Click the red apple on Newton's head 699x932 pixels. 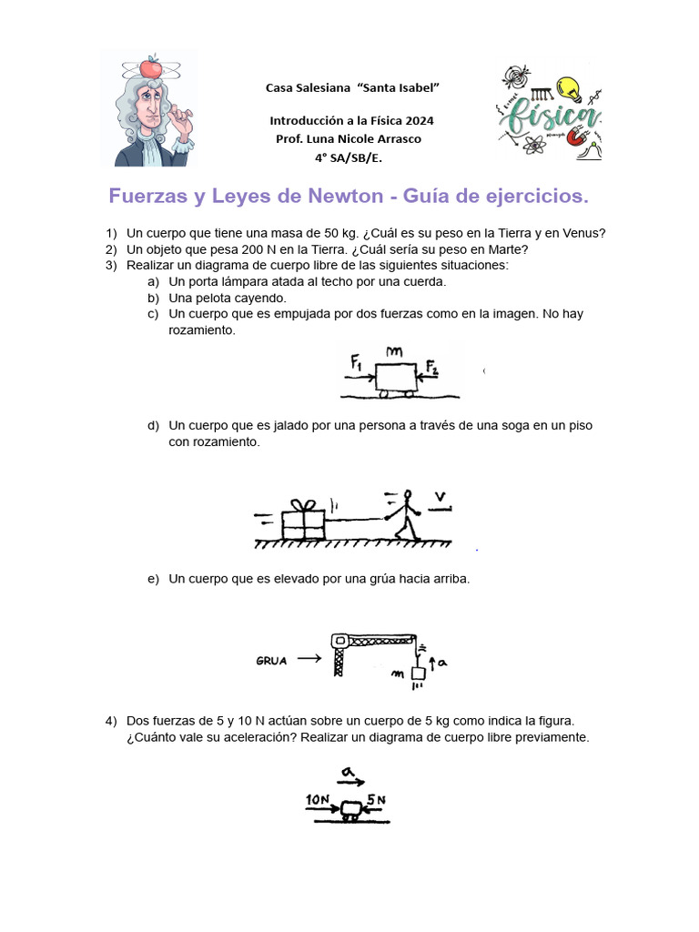pyautogui.click(x=151, y=67)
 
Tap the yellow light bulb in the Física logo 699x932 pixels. pyautogui.click(x=570, y=89)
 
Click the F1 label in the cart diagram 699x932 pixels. pyautogui.click(x=356, y=361)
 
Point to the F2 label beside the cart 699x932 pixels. pyautogui.click(x=432, y=368)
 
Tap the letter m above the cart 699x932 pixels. pyautogui.click(x=394, y=352)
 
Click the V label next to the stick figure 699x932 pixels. pyautogui.click(x=441, y=496)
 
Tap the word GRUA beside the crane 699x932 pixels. pyautogui.click(x=271, y=661)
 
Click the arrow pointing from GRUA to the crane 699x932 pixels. pyautogui.click(x=309, y=658)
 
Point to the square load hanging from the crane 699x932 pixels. pyautogui.click(x=419, y=674)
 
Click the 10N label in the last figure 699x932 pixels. pyautogui.click(x=318, y=800)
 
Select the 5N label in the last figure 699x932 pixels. pyautogui.click(x=376, y=800)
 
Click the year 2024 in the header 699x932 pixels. pyautogui.click(x=419, y=121)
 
